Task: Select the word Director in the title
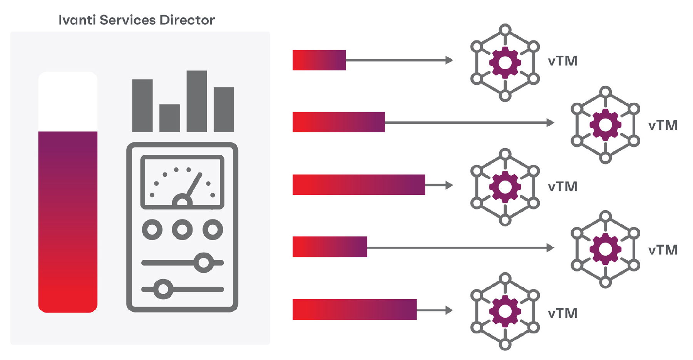(187, 20)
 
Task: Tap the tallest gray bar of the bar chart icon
(196, 101)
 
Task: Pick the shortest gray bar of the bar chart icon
(169, 118)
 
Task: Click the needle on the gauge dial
(194, 185)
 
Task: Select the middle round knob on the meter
(182, 230)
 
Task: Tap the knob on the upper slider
(203, 263)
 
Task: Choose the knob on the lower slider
(163, 289)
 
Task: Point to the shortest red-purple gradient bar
(319, 60)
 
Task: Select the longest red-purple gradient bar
(358, 185)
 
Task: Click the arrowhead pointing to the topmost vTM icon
(449, 60)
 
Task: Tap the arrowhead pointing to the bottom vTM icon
(449, 310)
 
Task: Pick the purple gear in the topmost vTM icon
(505, 62)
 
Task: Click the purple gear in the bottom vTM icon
(505, 311)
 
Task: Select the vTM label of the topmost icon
(562, 61)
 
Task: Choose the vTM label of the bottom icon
(562, 313)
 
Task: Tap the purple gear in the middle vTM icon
(505, 187)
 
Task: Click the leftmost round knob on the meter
(152, 230)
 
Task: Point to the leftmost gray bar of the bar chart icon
(142, 105)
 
